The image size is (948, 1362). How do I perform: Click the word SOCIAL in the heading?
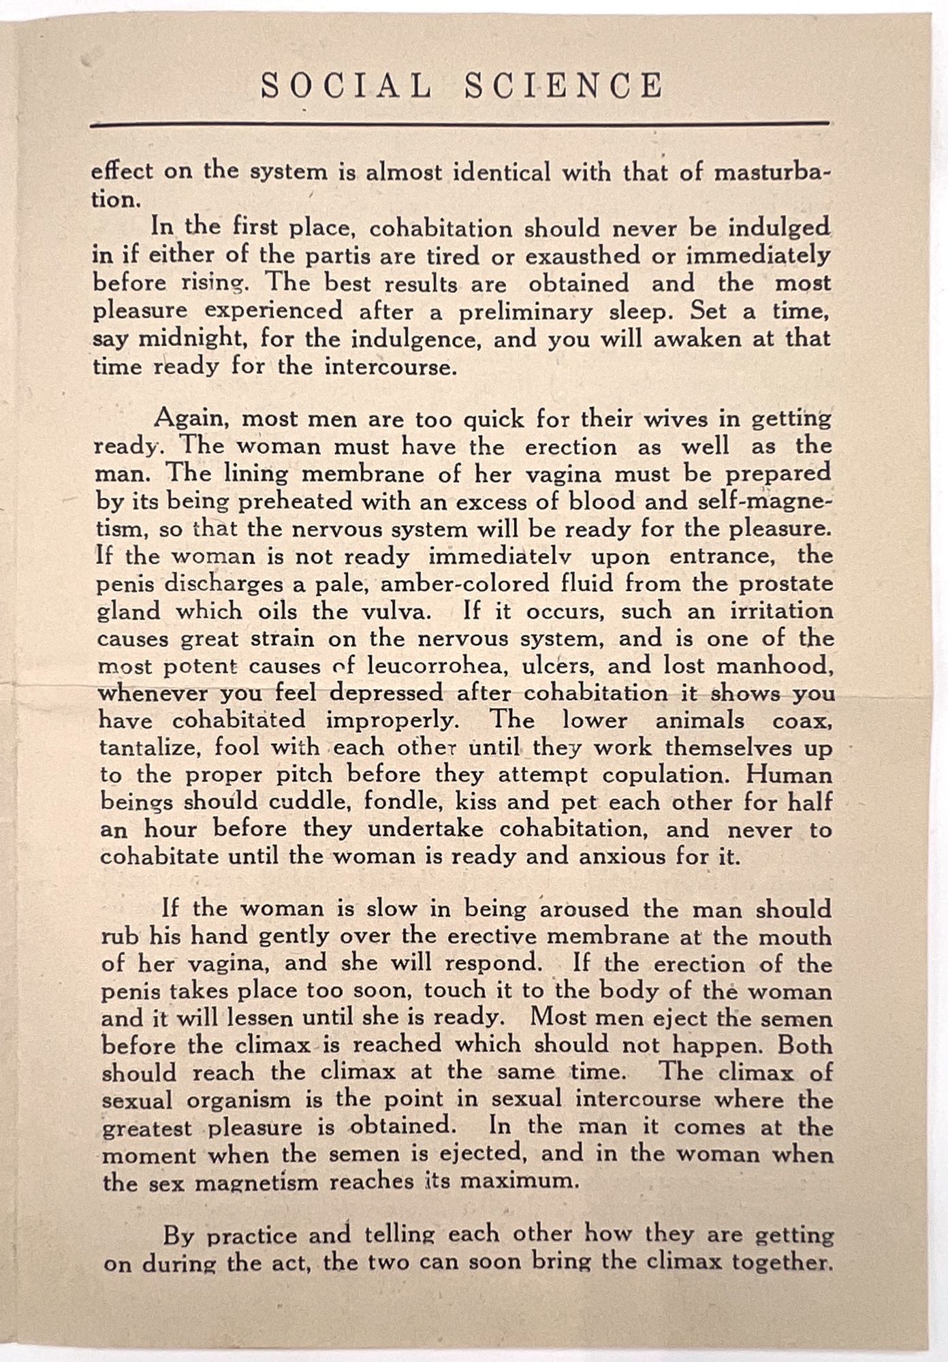pos(346,86)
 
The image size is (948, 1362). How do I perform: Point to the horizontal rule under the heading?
pos(460,125)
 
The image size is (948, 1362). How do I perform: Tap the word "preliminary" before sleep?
pos(518,311)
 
